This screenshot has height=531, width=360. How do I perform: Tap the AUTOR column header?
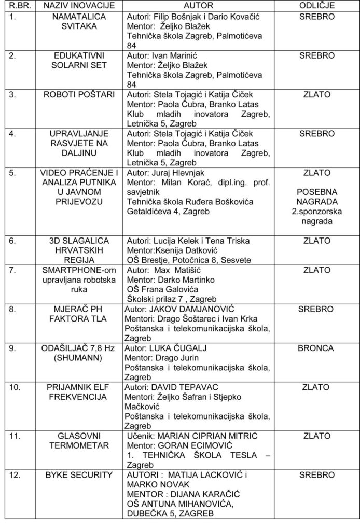pyautogui.click(x=199, y=6)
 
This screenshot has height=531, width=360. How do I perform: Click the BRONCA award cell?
pyautogui.click(x=316, y=348)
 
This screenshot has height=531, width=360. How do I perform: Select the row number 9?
pyautogui.click(x=12, y=348)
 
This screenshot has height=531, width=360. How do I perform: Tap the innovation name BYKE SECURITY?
pyautogui.click(x=78, y=474)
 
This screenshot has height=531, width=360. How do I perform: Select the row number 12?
pyautogui.click(x=15, y=474)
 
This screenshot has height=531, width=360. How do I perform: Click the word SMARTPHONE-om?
pyautogui.click(x=78, y=270)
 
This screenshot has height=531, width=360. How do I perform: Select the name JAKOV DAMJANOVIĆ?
pyautogui.click(x=189, y=309)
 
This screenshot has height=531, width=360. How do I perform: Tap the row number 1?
pyautogui.click(x=12, y=17)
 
